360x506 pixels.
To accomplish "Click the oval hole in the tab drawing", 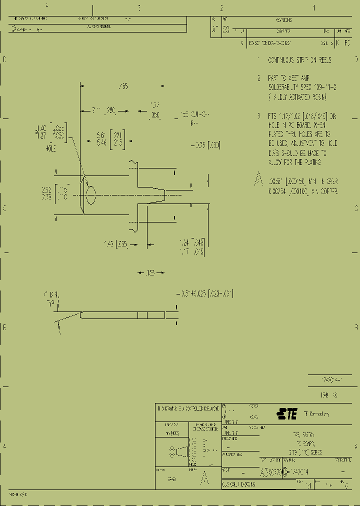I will click(x=90, y=194).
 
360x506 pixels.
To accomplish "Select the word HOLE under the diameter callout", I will click(x=50, y=148).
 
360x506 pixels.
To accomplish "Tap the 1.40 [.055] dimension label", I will click(x=116, y=244).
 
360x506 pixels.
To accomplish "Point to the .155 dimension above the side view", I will click(x=150, y=273).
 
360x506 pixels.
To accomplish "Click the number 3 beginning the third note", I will click(x=258, y=115).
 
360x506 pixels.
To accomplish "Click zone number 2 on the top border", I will click(x=221, y=7).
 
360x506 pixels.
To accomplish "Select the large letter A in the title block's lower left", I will click(x=203, y=479).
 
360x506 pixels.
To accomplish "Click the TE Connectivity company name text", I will click(x=316, y=414).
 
